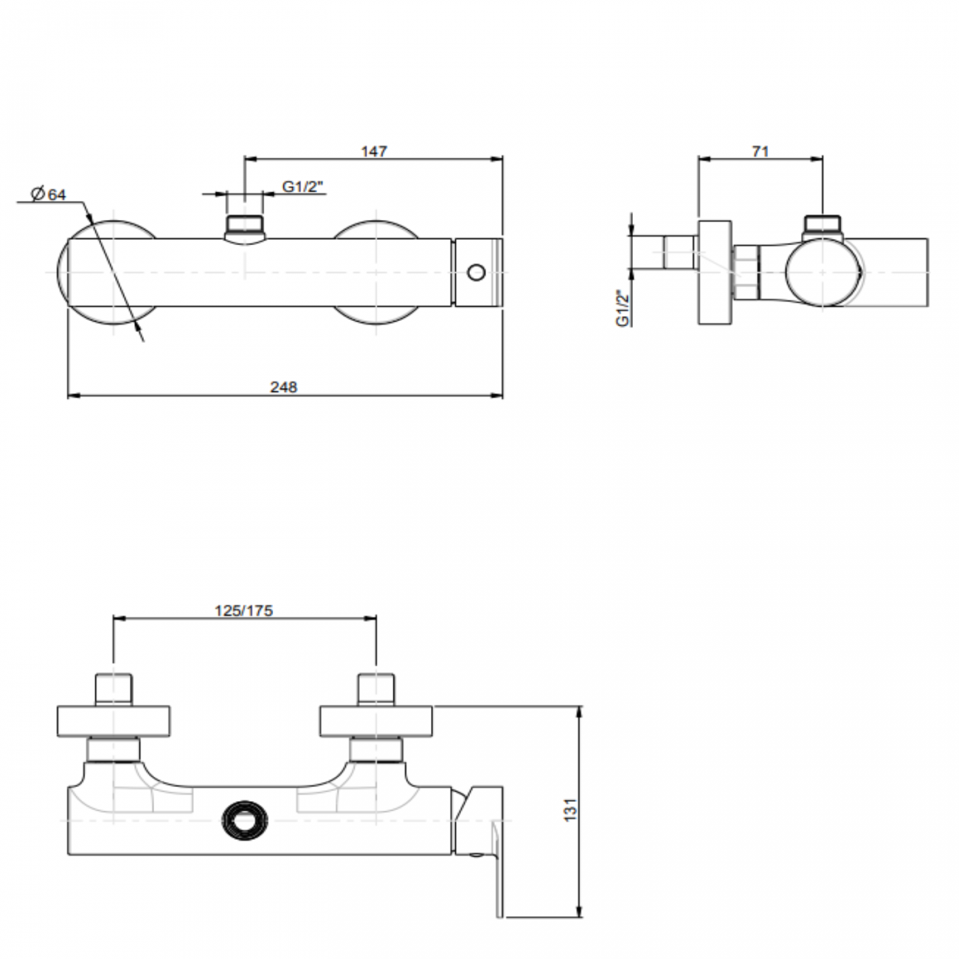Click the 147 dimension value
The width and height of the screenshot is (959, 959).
[374, 151]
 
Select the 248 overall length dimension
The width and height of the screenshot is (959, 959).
[283, 387]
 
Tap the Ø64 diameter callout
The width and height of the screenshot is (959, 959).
[49, 194]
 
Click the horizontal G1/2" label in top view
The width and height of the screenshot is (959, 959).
[303, 187]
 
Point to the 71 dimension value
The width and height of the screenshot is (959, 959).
[761, 151]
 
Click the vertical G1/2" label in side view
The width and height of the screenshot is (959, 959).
[623, 308]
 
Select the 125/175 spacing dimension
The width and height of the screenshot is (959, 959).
[243, 610]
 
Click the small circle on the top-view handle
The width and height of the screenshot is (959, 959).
[477, 273]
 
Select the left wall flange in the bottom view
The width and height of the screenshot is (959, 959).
[114, 721]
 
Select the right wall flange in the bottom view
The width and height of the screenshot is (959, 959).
[376, 721]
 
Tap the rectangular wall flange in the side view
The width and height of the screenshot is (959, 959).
[715, 271]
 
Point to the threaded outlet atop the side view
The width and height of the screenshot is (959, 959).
[823, 224]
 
